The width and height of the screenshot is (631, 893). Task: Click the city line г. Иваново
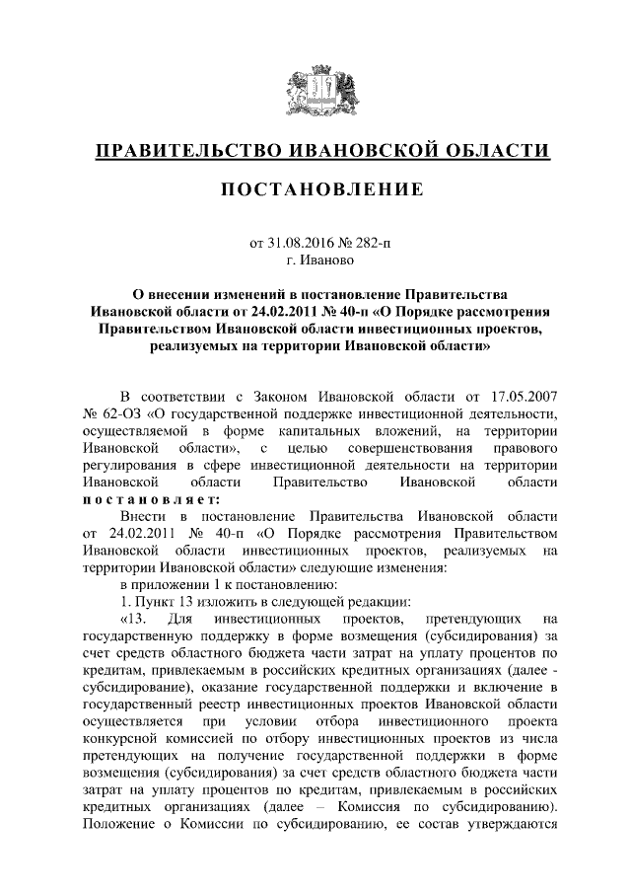pyautogui.click(x=315, y=261)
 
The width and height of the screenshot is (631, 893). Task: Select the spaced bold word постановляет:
pyautogui.click(x=150, y=499)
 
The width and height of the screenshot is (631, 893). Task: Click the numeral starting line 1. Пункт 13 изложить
pyautogui.click(x=123, y=602)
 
